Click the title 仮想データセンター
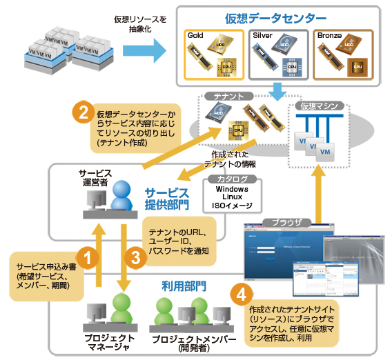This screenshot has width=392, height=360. (x=274, y=17)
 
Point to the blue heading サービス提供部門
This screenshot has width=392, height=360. (x=166, y=198)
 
